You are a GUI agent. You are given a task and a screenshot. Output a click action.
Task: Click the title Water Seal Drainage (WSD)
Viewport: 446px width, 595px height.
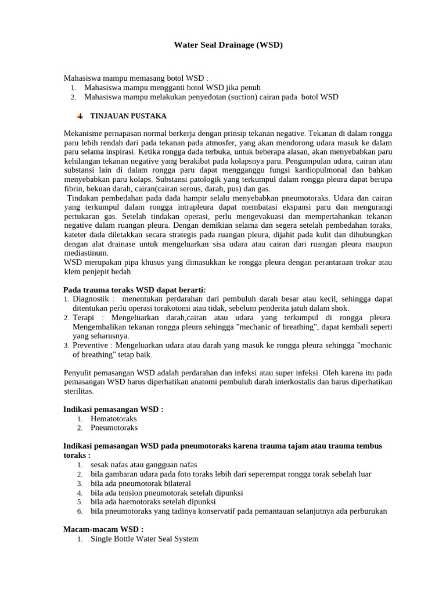click(x=228, y=45)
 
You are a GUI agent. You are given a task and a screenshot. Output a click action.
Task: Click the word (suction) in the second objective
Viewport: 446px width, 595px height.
click(x=234, y=97)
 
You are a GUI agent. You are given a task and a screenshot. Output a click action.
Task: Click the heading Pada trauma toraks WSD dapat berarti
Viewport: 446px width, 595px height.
click(x=134, y=290)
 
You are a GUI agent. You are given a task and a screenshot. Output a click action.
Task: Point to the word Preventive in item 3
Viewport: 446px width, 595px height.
click(x=91, y=345)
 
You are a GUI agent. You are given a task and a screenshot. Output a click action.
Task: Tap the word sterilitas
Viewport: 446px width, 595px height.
click(x=81, y=391)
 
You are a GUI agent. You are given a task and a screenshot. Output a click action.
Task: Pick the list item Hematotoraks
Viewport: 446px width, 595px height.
click(x=114, y=418)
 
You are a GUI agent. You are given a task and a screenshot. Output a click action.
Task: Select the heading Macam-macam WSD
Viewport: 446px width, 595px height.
click(x=103, y=529)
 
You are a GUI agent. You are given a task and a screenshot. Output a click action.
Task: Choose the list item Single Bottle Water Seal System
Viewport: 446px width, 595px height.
click(x=144, y=539)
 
